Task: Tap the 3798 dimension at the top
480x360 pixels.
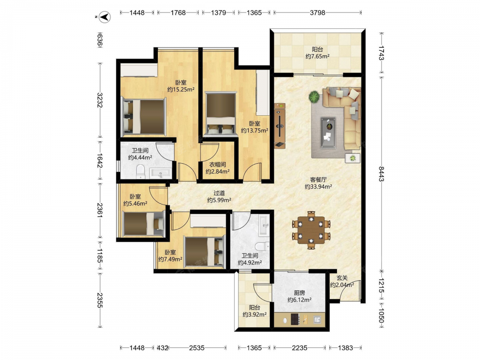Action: click(x=317, y=12)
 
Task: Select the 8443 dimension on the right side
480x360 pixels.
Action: click(x=381, y=174)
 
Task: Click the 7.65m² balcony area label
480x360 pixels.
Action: click(x=317, y=53)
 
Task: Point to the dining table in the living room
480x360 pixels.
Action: click(x=312, y=230)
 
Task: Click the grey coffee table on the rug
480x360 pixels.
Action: click(x=328, y=133)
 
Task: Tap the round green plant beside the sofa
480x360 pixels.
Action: click(x=314, y=97)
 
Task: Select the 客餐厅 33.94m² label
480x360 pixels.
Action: click(x=318, y=183)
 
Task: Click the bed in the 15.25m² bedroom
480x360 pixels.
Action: click(x=144, y=117)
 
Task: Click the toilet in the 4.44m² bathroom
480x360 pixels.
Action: click(x=140, y=171)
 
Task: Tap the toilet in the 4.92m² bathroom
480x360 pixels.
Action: click(x=262, y=246)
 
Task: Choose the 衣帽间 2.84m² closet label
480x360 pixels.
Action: click(x=217, y=168)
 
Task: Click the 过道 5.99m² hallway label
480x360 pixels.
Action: click(x=219, y=196)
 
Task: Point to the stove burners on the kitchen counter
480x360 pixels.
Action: click(x=295, y=319)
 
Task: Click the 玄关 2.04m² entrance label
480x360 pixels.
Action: click(x=342, y=281)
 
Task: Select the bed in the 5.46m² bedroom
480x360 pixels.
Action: click(x=144, y=224)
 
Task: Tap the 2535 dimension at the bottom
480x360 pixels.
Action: click(x=196, y=348)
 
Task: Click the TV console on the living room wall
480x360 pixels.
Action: click(x=280, y=126)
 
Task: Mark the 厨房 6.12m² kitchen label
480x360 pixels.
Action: click(x=300, y=296)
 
